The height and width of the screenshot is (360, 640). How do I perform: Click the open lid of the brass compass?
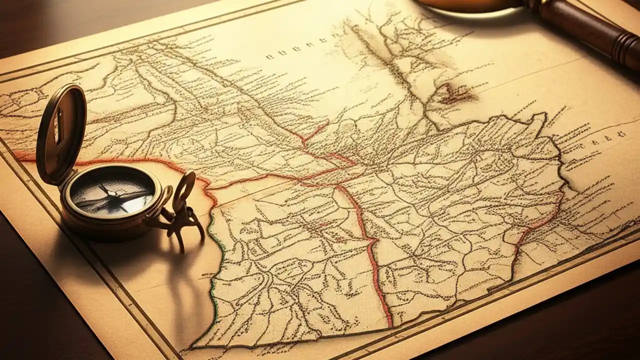coord(61,132)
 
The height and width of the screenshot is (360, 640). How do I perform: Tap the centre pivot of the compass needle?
coord(111,194)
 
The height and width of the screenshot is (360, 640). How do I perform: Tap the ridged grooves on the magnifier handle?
coord(625,50)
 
